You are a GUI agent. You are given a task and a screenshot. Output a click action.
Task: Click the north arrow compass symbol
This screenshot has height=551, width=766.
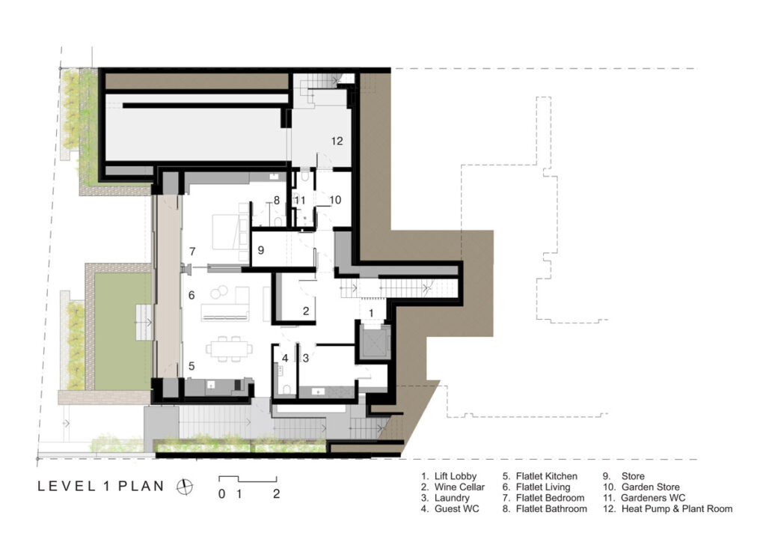tap(183, 487)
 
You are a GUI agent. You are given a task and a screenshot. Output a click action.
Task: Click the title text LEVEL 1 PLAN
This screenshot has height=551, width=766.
tap(101, 487)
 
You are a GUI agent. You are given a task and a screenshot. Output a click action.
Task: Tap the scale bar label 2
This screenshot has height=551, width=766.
tap(277, 494)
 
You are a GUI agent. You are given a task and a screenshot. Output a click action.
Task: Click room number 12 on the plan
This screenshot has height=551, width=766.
tap(337, 140)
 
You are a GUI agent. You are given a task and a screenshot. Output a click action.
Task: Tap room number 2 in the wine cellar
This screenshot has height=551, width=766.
tap(306, 311)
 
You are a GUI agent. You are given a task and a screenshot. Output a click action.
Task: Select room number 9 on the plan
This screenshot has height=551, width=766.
tap(260, 251)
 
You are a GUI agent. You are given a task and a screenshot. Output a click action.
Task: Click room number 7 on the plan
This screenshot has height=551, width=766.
tap(192, 251)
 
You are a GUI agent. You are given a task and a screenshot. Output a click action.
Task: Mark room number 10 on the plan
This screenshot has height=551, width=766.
tap(334, 200)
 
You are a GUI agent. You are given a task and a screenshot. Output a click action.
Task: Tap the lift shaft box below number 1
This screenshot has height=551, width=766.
tap(372, 341)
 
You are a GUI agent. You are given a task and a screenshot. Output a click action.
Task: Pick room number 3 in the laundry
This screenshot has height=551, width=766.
tap(306, 358)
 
